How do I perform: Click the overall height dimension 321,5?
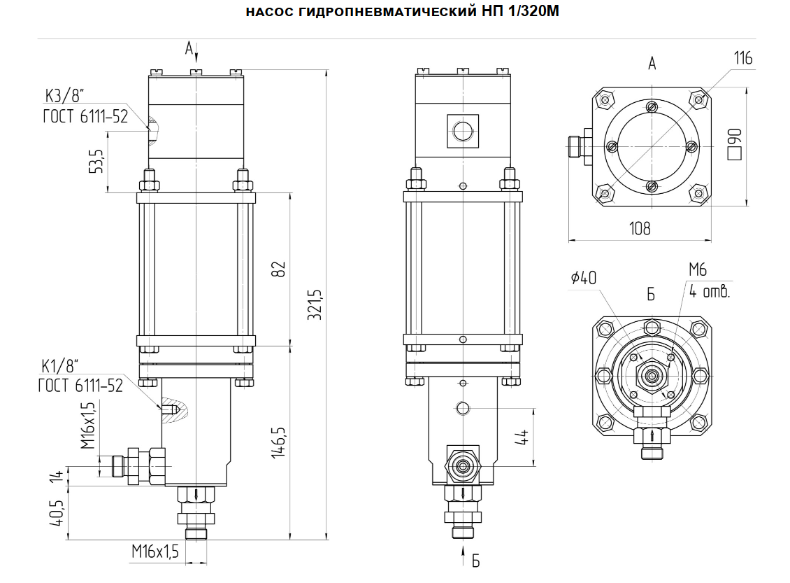coord(315,304)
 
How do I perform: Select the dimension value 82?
coord(279,269)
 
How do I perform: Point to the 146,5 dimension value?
coord(279,442)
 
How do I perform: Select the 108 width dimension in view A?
coord(640,229)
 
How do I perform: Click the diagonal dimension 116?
coord(743,59)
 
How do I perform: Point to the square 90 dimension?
coord(735,145)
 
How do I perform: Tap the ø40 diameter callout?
coord(584,277)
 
